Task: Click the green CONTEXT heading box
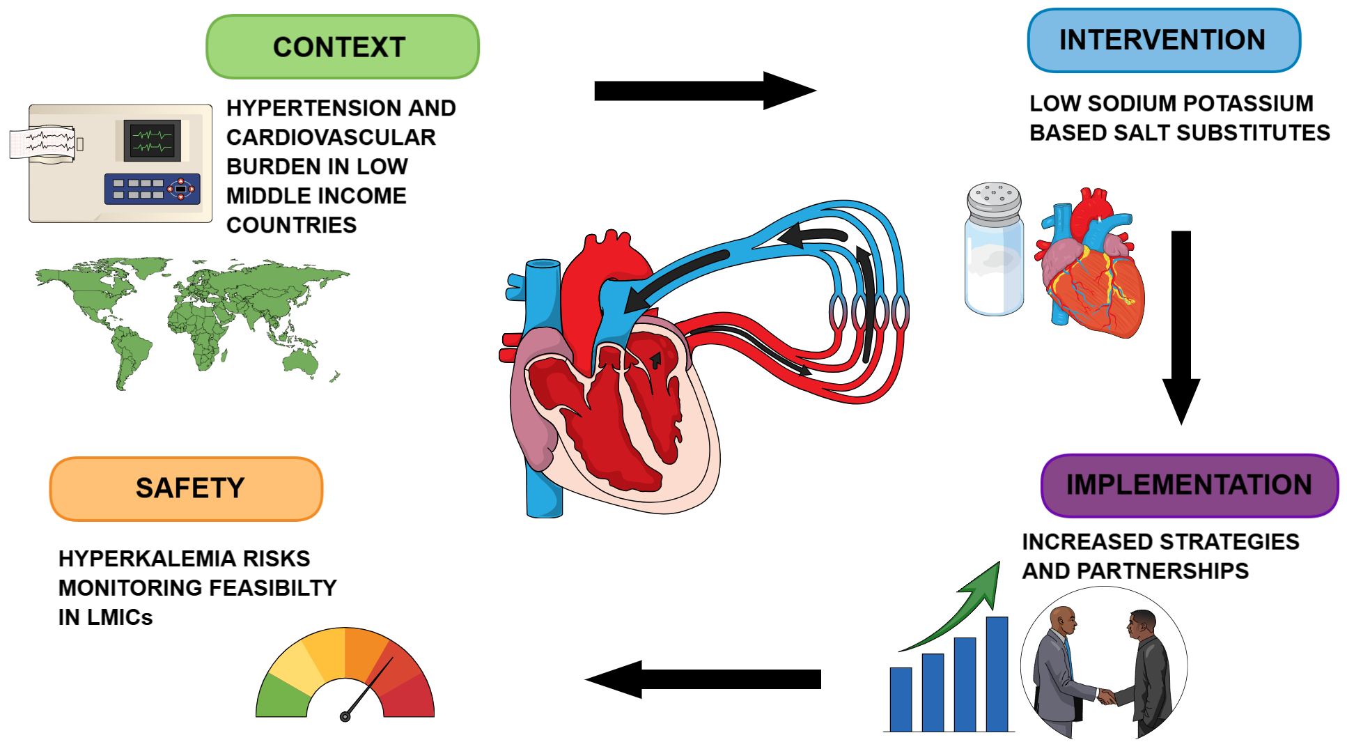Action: pos(342,47)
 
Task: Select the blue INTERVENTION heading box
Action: pos(1163,40)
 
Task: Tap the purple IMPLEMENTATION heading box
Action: pos(1189,485)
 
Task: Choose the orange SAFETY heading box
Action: pos(187,488)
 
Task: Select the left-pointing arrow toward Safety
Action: pos(703,679)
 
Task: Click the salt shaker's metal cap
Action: pos(994,202)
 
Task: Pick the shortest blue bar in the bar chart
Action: pos(901,699)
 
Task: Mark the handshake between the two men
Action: pos(1106,695)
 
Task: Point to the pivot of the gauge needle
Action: pos(345,716)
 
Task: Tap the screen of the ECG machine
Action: pos(152,140)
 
